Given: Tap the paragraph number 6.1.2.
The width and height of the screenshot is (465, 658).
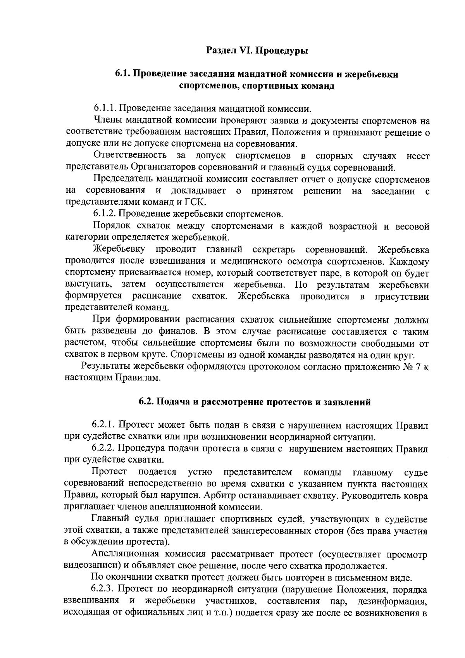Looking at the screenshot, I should [105, 214].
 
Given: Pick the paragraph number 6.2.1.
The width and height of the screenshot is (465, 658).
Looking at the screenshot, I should [103, 425].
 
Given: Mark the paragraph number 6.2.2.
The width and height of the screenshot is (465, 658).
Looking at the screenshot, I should [103, 449].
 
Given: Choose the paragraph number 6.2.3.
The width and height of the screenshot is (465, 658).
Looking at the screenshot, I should [103, 590].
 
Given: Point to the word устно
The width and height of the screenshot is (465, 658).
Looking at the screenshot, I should [200, 472].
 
